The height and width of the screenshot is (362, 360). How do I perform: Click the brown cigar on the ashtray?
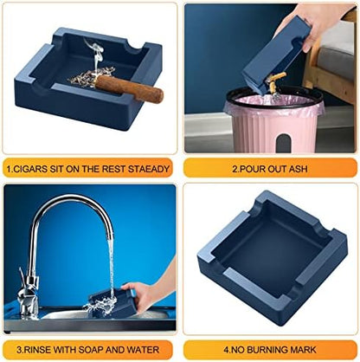point(129,87)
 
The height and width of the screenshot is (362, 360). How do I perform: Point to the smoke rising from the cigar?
point(95,55)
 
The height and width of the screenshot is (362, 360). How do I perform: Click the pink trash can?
point(273,121)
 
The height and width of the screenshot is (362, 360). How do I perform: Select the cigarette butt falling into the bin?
point(275,83)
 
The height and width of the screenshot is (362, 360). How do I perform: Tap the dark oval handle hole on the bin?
point(284,143)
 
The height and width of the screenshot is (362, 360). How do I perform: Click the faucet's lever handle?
point(22,277)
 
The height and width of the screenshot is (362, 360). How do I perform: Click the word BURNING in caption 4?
point(267,350)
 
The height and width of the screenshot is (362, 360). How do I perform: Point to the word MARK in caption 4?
point(303,350)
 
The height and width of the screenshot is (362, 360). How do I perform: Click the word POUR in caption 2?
point(252,169)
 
